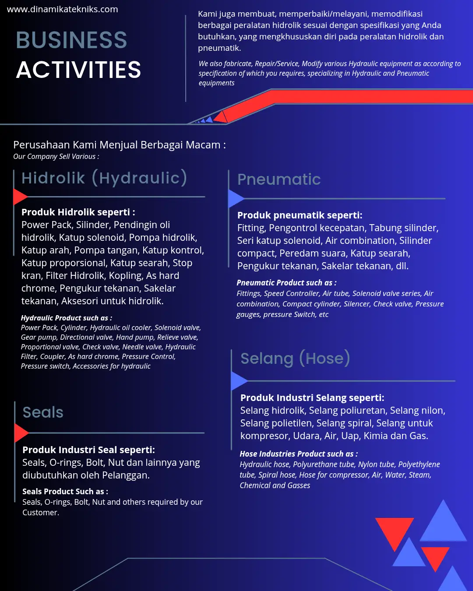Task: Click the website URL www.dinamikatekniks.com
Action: tap(63, 9)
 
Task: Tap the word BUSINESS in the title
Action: tap(71, 40)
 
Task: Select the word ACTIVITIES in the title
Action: tap(79, 70)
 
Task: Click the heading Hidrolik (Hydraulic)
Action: tap(104, 178)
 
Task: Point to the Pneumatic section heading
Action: tap(279, 179)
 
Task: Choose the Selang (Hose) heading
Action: tap(295, 359)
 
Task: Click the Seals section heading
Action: tap(43, 412)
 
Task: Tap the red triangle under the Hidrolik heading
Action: tap(19, 197)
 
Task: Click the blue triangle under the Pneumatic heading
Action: tap(235, 199)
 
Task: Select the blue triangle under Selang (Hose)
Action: tap(238, 381)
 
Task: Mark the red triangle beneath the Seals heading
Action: tap(20, 433)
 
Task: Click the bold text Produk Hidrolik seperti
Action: tap(78, 212)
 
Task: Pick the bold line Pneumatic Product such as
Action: tap(286, 283)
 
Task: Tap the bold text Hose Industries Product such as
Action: tap(299, 454)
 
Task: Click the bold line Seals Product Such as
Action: tap(65, 492)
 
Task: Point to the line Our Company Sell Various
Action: tap(56, 157)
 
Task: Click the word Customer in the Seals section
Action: tap(40, 513)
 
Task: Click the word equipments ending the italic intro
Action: tap(216, 83)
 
